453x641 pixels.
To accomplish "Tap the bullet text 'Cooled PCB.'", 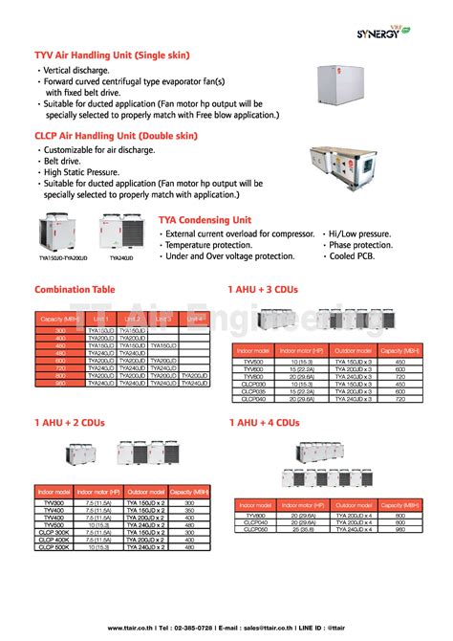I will click(x=355, y=256).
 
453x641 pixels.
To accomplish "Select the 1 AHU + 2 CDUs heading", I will click(x=69, y=421).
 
